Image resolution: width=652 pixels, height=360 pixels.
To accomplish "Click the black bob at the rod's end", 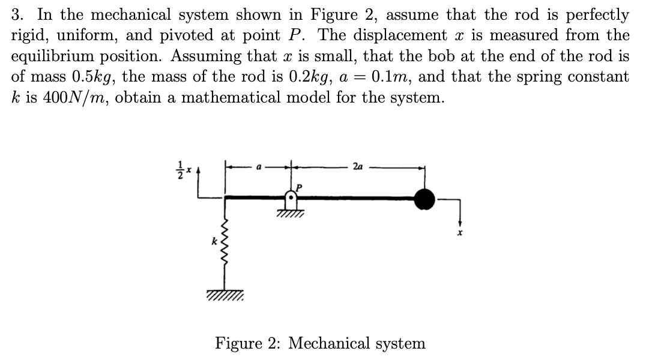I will [x=424, y=199].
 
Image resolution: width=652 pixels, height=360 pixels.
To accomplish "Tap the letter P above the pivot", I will [x=296, y=187].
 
